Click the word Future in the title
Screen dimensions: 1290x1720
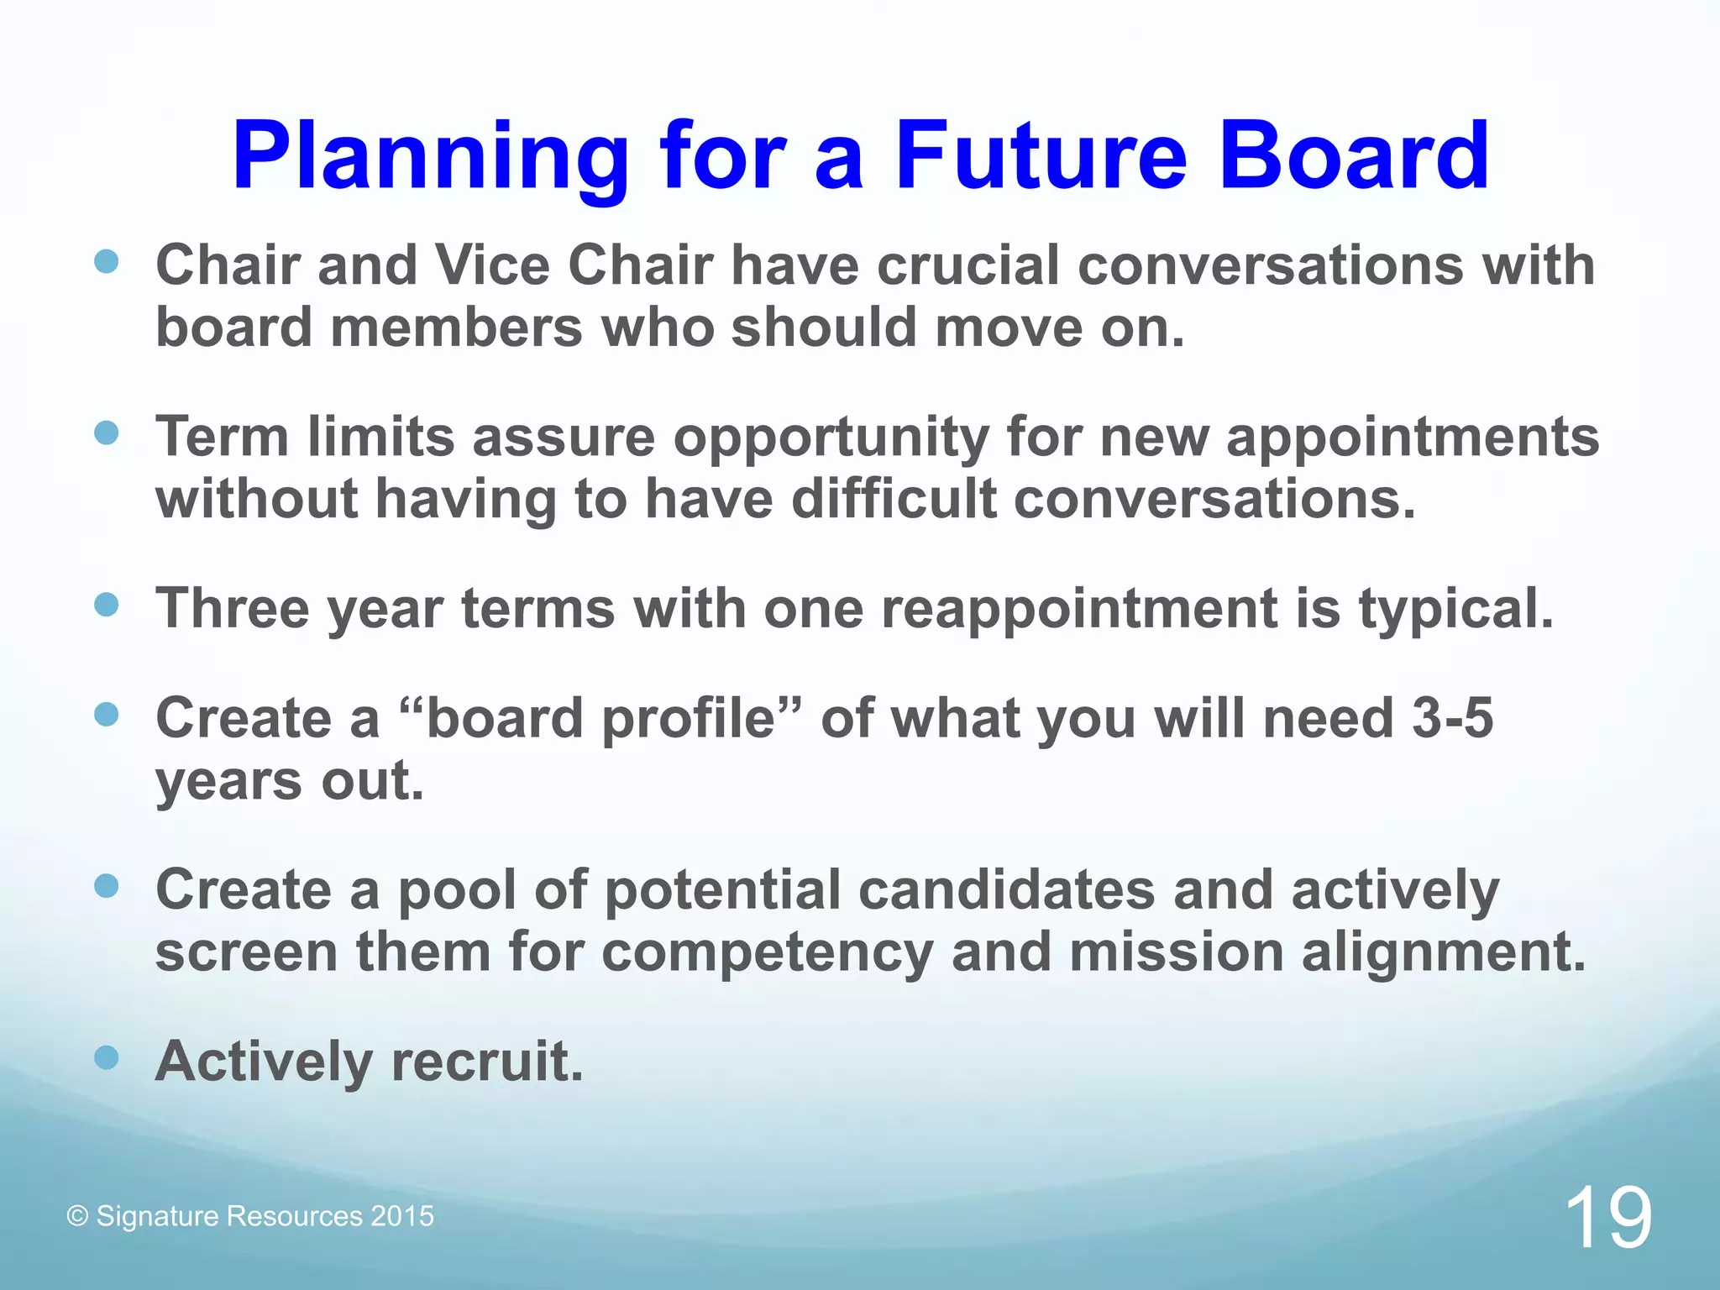1041,157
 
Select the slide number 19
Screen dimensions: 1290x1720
1607,1218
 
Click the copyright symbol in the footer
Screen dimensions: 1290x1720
77,1217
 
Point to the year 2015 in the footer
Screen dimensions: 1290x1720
402,1216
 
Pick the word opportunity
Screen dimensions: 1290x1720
831,438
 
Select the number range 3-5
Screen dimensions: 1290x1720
1452,719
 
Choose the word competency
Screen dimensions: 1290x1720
766,952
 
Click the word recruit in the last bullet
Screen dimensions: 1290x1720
487,1062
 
